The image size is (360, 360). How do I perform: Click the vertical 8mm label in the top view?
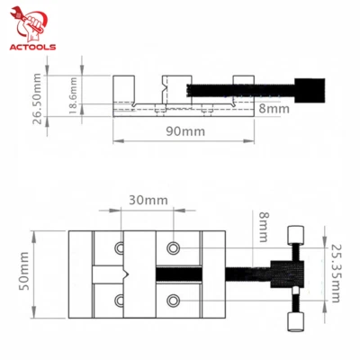(x=263, y=225)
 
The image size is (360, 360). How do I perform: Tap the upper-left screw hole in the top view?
(x=120, y=247)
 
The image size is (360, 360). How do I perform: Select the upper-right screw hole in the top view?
(x=173, y=247)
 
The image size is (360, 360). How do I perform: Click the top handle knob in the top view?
(x=294, y=235)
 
